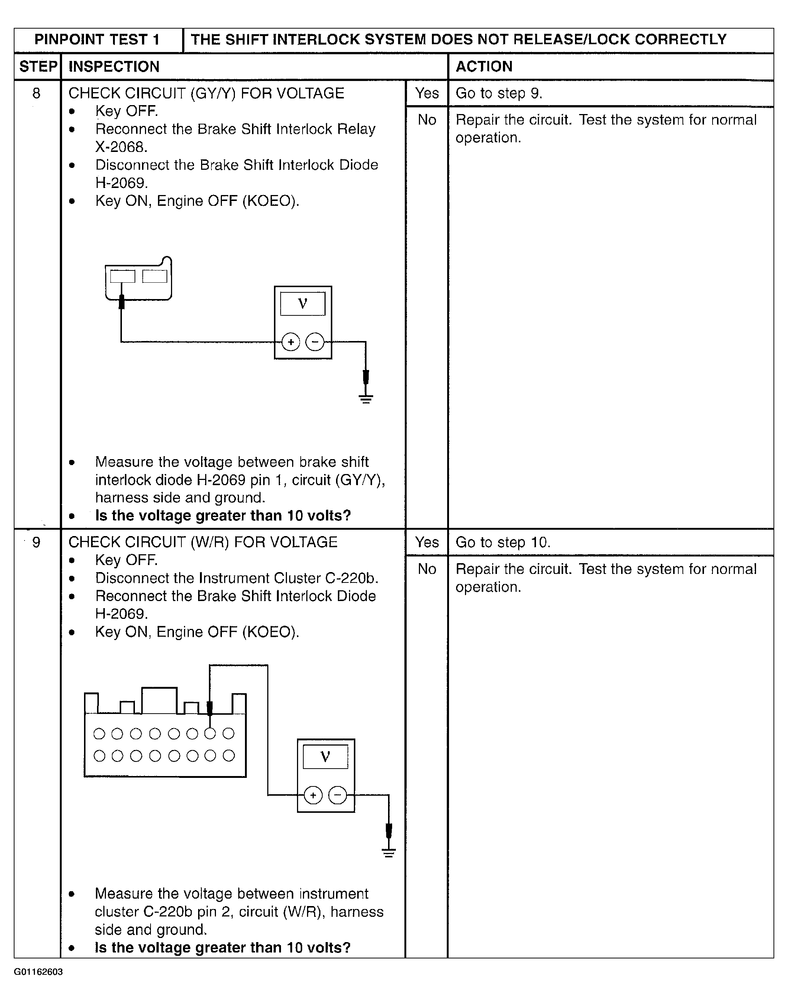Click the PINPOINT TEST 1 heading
point(97,40)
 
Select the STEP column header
point(38,67)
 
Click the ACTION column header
point(484,67)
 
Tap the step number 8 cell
point(36,94)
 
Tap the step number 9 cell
point(36,542)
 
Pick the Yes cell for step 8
point(427,94)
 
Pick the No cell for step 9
point(427,569)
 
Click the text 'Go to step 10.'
point(503,542)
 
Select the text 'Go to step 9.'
point(499,94)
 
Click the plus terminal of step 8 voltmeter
point(291,342)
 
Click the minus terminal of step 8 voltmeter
point(315,342)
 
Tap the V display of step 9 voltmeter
point(325,757)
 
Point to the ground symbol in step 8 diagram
point(366,399)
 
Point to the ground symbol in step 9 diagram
point(389,853)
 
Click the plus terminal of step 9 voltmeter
point(313,795)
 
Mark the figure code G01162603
point(38,972)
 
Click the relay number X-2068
point(121,147)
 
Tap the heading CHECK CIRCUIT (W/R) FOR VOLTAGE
point(203,542)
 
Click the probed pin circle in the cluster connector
point(210,734)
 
